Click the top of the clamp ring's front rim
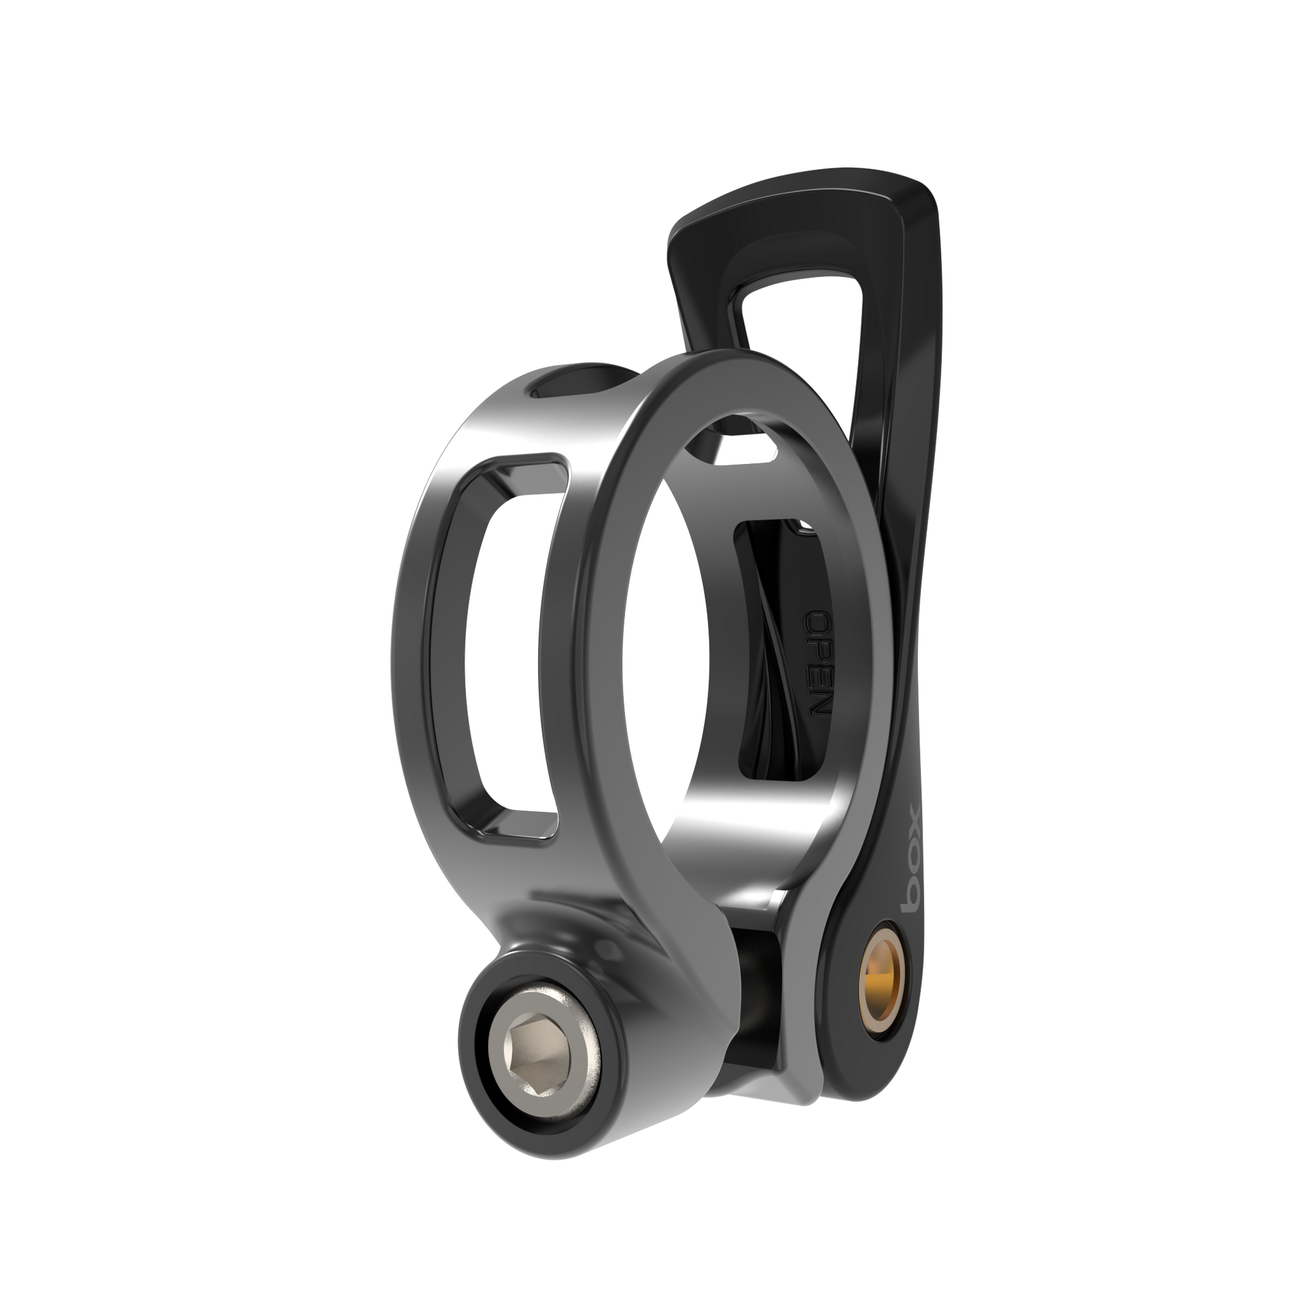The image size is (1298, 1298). click(x=726, y=366)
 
